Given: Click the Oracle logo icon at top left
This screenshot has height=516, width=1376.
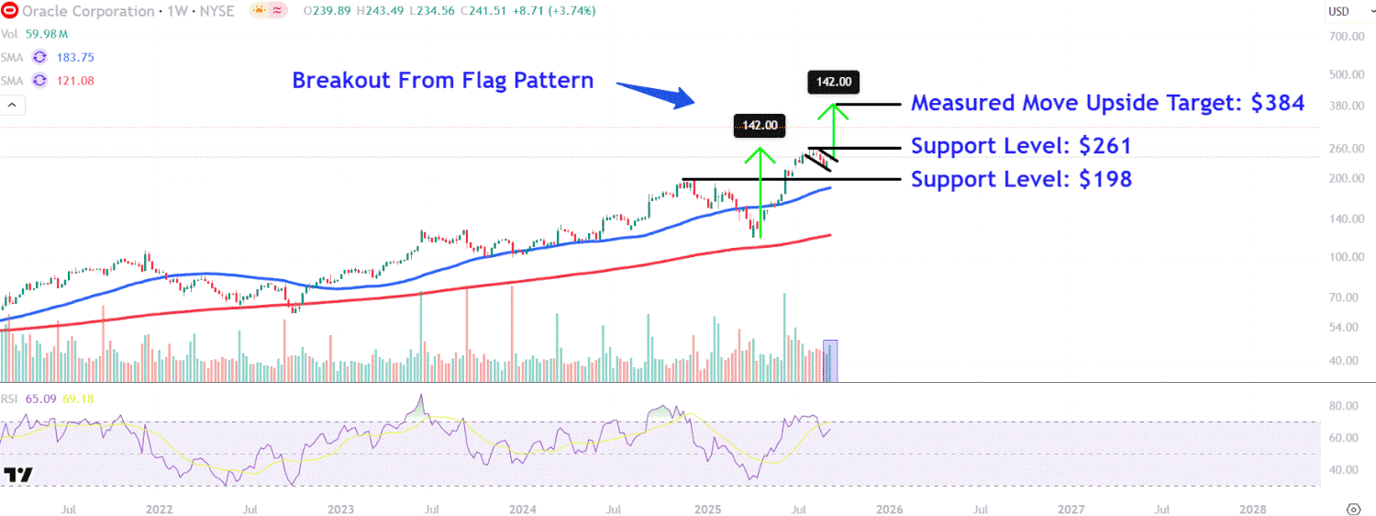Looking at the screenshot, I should point(9,10).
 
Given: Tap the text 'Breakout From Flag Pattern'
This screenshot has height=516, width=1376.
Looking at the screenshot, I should point(442,81).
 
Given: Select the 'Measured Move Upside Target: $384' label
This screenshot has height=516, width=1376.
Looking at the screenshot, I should point(1107,103).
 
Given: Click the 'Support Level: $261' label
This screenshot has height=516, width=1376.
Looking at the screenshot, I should point(1020,146).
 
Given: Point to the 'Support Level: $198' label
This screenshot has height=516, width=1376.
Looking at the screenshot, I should point(1021,179).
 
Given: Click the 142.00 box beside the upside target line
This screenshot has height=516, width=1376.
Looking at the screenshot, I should point(834,83).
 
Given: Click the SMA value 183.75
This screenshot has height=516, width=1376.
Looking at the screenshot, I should point(76,57).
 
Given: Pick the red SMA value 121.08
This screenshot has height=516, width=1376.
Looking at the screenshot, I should point(76,81).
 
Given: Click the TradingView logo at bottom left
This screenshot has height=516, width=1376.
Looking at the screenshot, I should point(18,475).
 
